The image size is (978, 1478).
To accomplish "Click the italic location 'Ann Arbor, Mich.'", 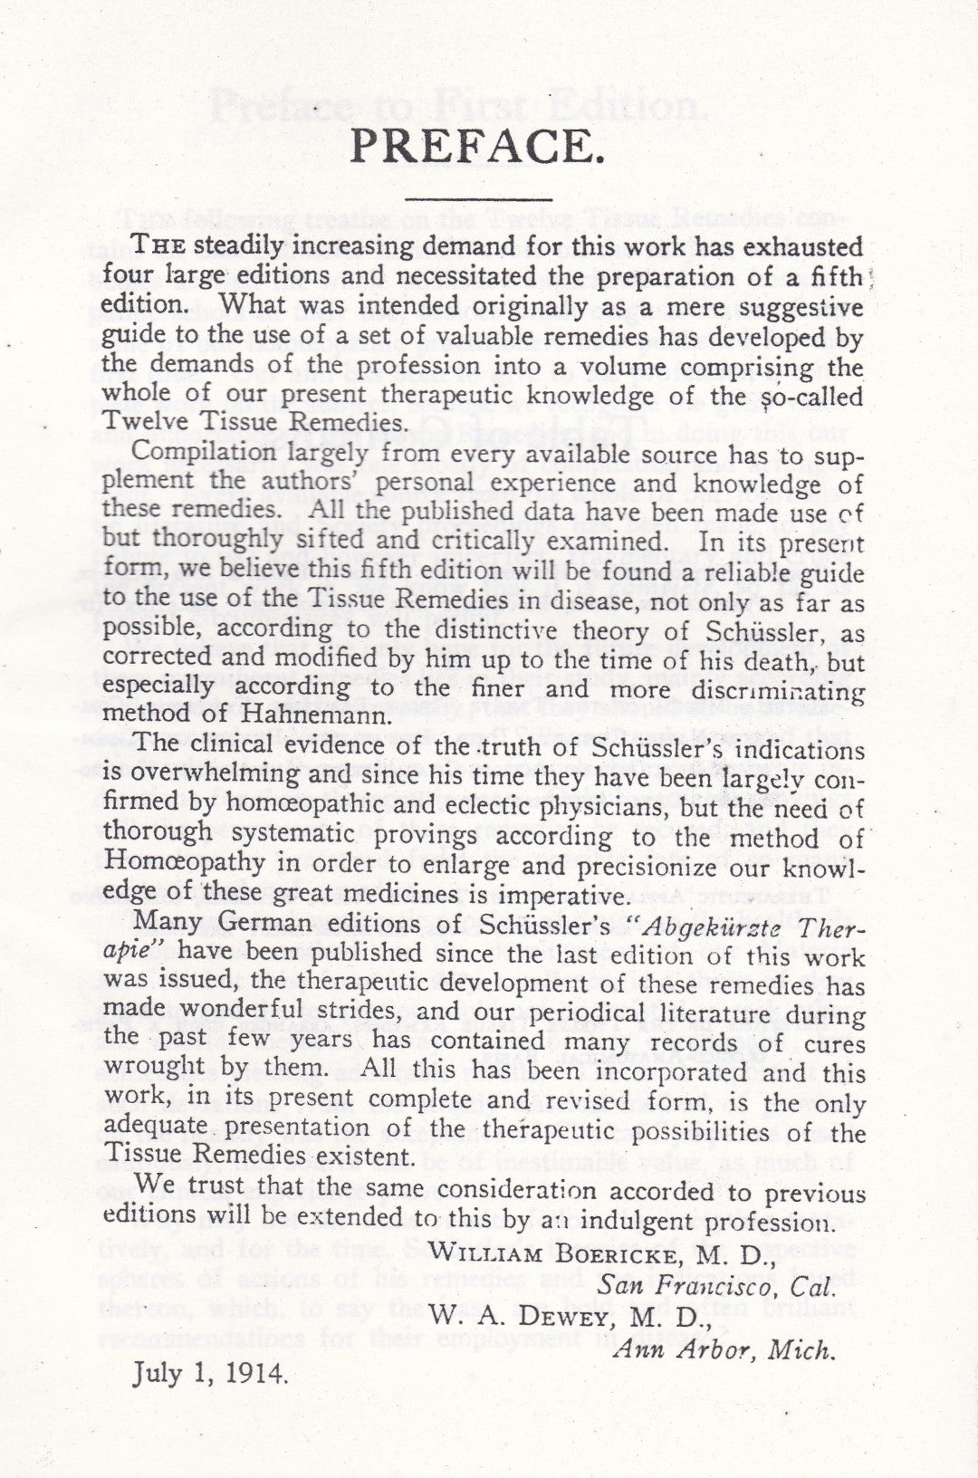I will [722, 1349].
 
